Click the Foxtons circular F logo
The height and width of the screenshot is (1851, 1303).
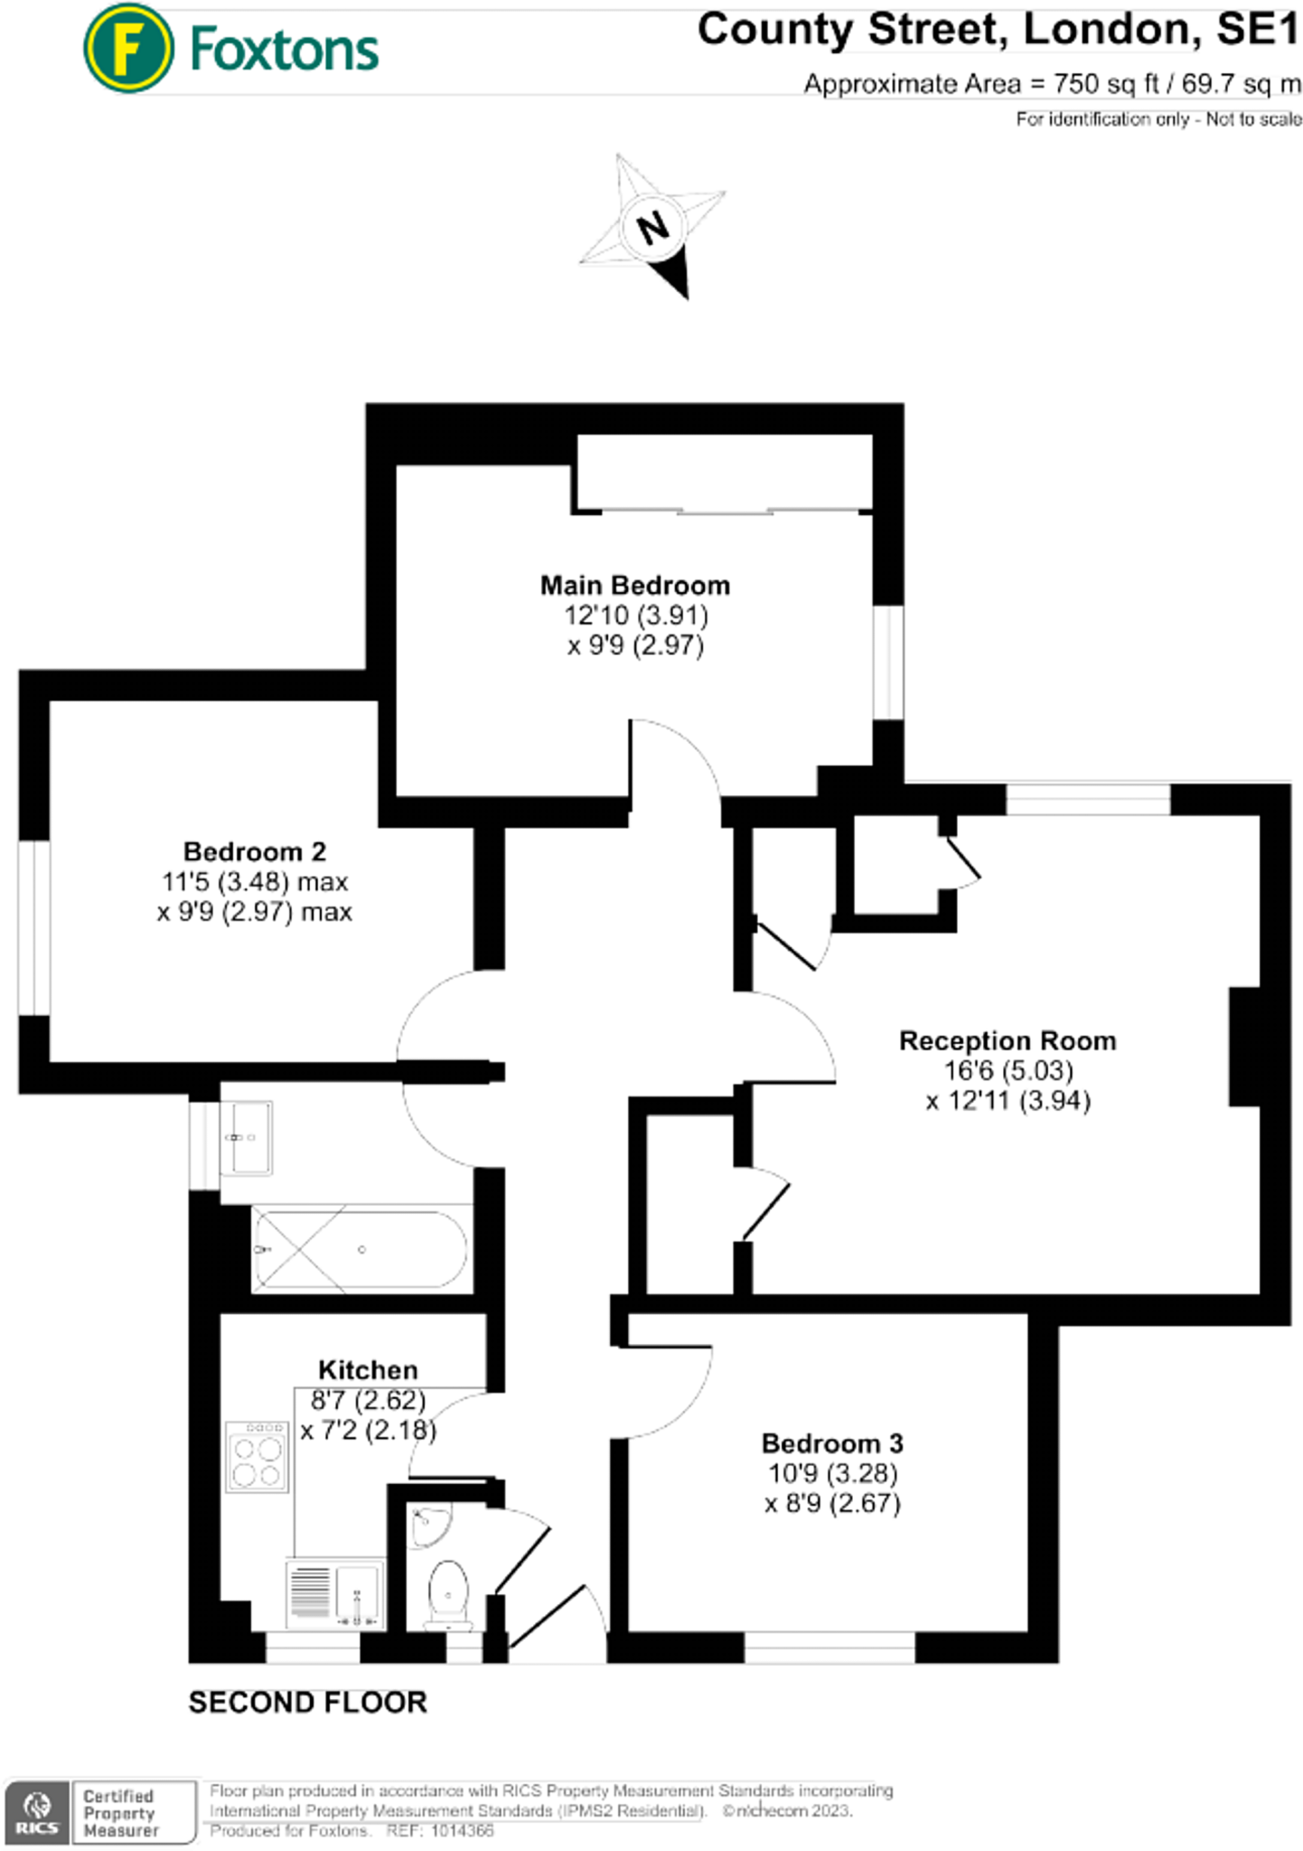point(127,49)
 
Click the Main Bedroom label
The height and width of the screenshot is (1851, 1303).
point(634,586)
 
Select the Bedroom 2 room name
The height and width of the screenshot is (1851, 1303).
point(254,851)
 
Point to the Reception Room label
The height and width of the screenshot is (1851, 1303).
point(1008,1040)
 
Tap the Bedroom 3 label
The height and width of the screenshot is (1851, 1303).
point(831,1443)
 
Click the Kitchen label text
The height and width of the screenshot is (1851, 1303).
point(368,1369)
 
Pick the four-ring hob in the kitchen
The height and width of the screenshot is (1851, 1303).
point(258,1457)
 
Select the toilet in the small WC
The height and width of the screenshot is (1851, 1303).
point(448,1593)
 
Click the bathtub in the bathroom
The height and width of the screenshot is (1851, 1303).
point(360,1249)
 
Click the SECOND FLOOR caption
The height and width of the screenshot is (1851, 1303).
point(307,1703)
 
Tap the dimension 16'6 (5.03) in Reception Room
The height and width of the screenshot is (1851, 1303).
point(1008,1071)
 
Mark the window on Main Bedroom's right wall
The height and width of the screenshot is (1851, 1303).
point(888,662)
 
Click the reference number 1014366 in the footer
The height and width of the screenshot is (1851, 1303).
point(462,1831)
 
